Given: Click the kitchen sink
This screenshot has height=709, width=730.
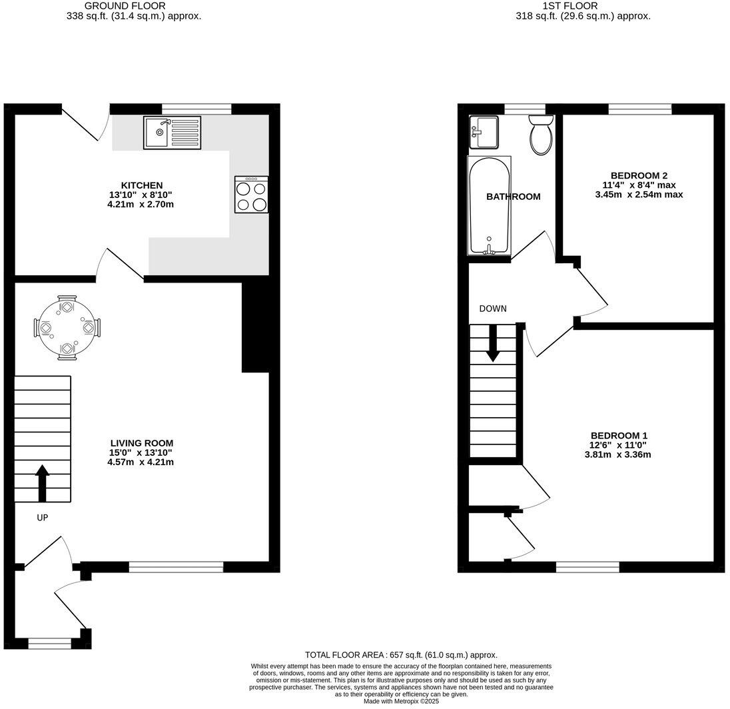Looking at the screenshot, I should pos(172,132).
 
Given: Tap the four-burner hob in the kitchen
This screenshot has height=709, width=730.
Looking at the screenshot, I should pos(251,195).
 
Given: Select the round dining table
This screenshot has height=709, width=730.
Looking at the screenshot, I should pos(67,328).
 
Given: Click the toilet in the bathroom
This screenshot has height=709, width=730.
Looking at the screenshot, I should pos(540,135).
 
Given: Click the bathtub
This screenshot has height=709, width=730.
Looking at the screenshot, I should pos(490,206).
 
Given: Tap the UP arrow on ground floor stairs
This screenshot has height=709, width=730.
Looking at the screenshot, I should pos(42,483).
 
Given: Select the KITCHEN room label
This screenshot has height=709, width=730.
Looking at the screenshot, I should pos(141,185).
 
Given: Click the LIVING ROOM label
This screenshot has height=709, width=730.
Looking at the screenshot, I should pos(141,442).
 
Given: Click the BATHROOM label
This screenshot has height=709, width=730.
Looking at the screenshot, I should pos(513,197).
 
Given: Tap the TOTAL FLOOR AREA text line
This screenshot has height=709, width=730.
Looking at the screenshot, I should pos(401,655).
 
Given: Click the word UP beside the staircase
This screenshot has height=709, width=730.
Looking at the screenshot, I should pos(42,517).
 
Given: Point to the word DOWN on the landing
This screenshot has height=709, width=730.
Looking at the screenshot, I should pos(493,309).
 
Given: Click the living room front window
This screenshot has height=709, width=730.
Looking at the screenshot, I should pos(176,567).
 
